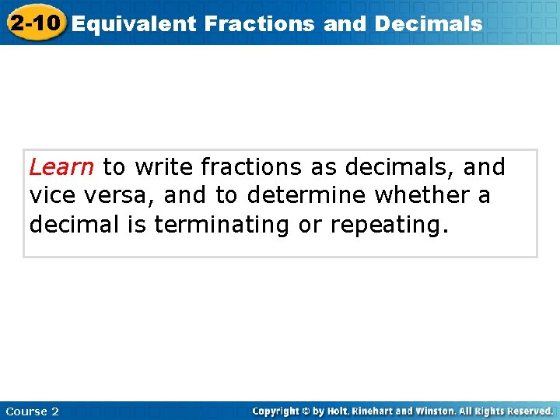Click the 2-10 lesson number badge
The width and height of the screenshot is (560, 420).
point(34,23)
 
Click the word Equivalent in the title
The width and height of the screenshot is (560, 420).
point(135,24)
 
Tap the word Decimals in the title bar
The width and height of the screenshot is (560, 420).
point(429,24)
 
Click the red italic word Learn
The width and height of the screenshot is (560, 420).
point(61,167)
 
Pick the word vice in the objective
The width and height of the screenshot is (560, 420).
point(52,196)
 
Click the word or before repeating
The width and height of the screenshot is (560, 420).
point(312,226)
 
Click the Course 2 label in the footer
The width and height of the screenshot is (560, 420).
point(32,411)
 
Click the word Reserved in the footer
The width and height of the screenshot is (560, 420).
point(529,411)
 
